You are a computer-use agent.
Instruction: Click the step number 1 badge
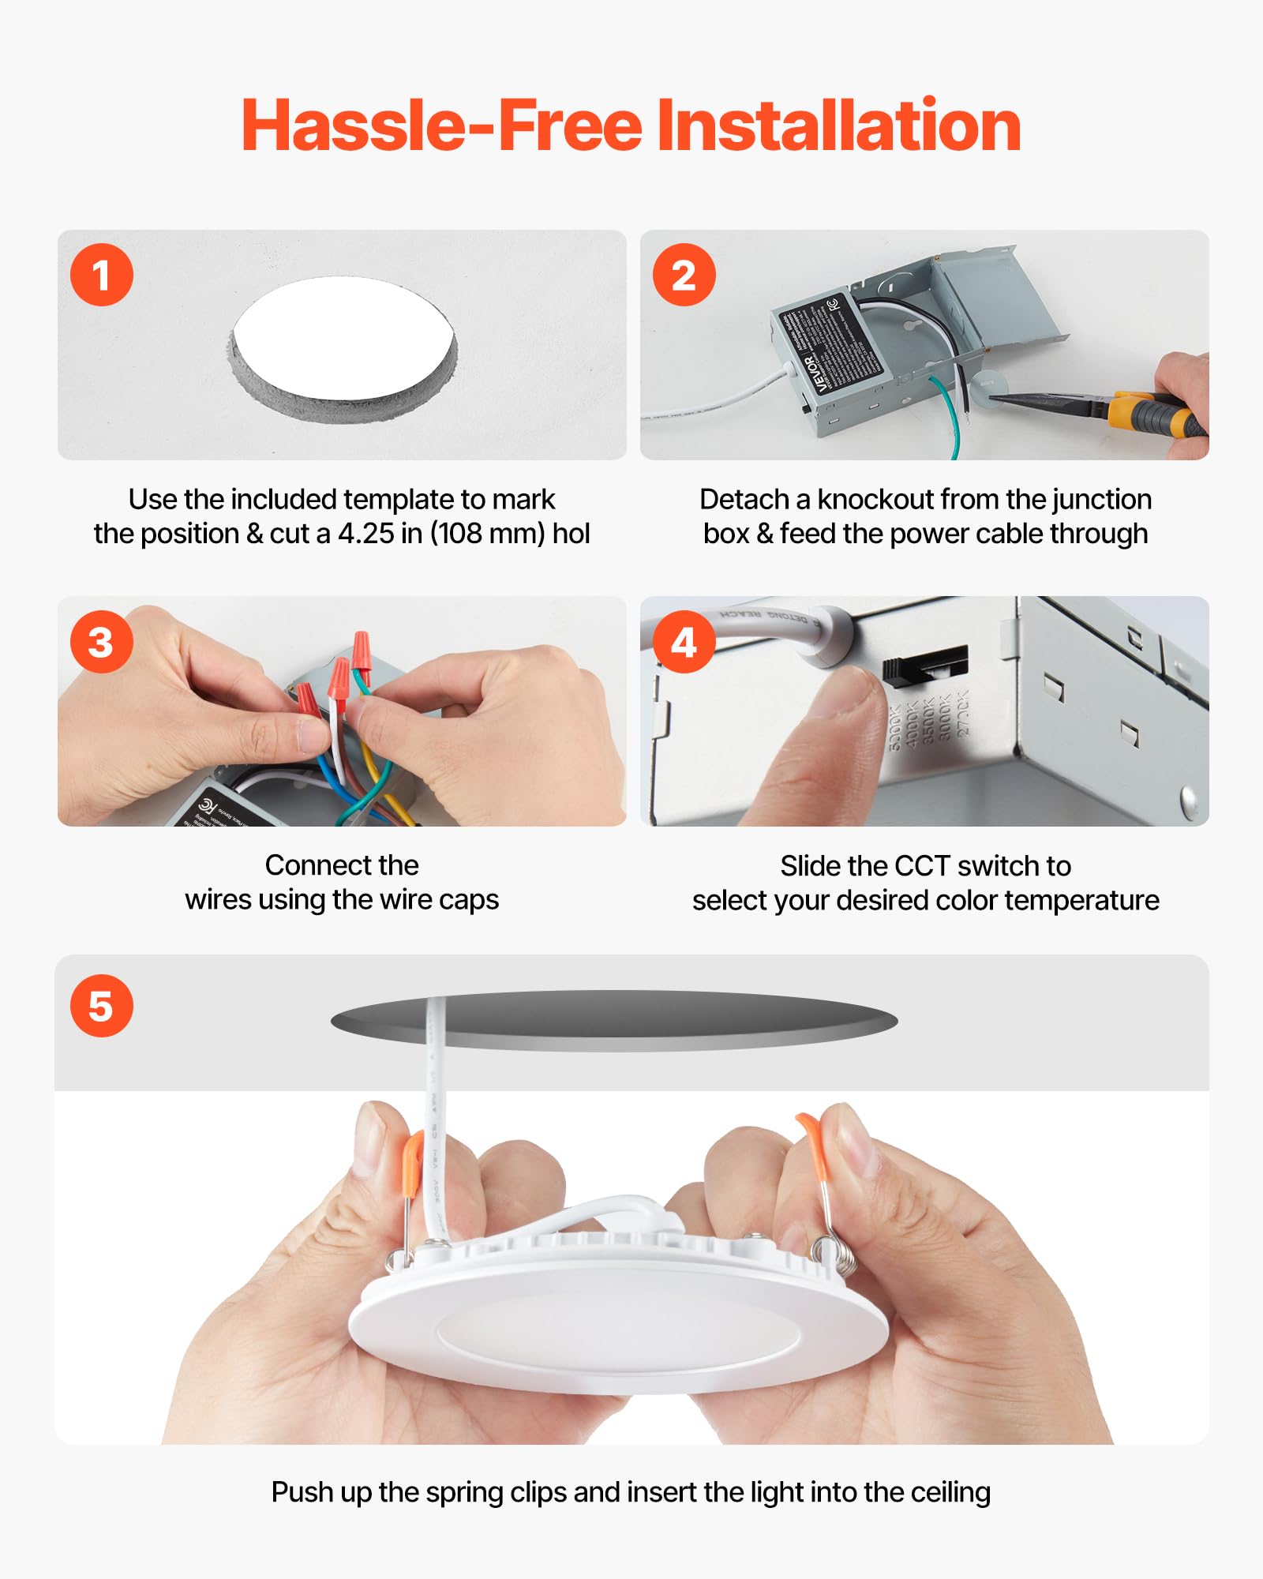click(101, 275)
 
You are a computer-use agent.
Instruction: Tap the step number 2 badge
click(684, 275)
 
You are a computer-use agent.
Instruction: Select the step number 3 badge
click(101, 642)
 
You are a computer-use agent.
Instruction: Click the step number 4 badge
click(684, 642)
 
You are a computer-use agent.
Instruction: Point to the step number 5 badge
click(101, 1006)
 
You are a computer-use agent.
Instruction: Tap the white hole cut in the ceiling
click(343, 337)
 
